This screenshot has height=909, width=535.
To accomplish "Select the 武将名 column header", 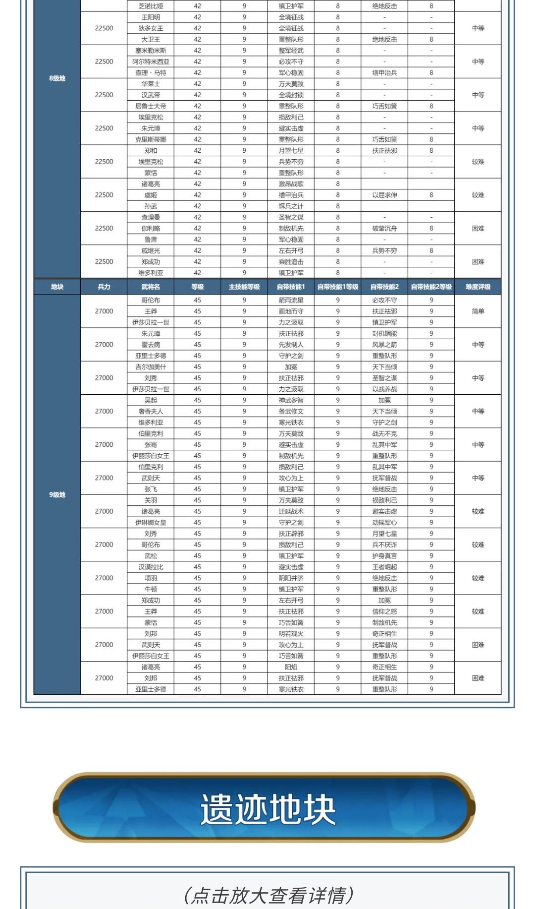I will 151,287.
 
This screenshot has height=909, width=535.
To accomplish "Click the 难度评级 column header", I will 478,287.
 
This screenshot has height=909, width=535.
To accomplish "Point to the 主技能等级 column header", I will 244,287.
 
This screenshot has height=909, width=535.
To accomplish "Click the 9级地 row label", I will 57,494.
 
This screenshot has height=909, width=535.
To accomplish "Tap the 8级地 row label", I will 57,78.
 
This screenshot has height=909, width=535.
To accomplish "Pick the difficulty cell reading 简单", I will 478,311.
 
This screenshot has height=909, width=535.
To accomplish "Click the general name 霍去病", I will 151,345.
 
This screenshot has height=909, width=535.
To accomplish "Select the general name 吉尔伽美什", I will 151,367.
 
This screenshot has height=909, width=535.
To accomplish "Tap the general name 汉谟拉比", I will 151,567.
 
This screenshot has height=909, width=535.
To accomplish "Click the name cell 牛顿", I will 151,589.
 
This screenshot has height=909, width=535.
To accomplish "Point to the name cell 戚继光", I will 151,250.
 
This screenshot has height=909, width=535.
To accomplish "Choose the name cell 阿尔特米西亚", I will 151,61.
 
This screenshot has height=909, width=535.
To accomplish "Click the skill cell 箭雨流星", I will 291,300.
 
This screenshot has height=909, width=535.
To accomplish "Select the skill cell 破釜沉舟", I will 384,229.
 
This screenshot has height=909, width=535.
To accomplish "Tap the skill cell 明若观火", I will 291,634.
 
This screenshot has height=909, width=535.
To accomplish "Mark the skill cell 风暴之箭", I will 384,345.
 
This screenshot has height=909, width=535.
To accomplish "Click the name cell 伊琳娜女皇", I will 151,523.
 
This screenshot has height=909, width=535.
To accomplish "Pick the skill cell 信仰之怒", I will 384,611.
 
